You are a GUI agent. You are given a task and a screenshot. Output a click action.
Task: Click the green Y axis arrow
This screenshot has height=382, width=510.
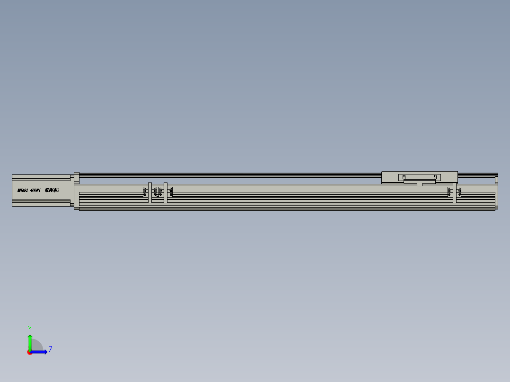point(30,341)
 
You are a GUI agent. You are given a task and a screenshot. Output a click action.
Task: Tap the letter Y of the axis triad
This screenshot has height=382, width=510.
point(29,328)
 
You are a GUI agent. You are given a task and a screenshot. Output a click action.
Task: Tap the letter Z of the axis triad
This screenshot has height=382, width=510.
point(51,349)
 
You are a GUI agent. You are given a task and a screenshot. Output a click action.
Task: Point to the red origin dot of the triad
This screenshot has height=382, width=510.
point(30,352)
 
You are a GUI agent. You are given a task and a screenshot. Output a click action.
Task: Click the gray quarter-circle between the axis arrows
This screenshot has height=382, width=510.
point(36,346)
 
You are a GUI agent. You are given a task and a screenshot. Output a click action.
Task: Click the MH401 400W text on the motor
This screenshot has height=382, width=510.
point(38,190)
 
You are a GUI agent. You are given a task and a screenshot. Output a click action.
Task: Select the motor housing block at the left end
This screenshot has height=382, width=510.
point(43,191)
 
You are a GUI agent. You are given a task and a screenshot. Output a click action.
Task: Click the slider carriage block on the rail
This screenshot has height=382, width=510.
point(419,177)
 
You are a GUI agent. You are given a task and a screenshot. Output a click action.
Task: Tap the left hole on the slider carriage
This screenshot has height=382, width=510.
point(404,177)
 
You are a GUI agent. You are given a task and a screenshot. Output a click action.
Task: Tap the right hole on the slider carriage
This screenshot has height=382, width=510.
point(435,177)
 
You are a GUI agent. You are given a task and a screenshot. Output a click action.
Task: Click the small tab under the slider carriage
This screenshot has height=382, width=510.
point(420,184)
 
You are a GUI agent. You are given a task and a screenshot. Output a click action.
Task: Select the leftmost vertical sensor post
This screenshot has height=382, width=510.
point(150,192)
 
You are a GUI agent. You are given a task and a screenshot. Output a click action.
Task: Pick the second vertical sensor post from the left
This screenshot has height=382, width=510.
point(166,192)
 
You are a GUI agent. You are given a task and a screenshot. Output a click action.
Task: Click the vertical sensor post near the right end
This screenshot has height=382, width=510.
point(455,192)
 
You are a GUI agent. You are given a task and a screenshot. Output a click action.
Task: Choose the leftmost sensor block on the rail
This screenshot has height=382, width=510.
point(145,191)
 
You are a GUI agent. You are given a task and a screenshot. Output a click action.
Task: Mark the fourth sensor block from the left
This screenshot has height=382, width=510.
point(170,191)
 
